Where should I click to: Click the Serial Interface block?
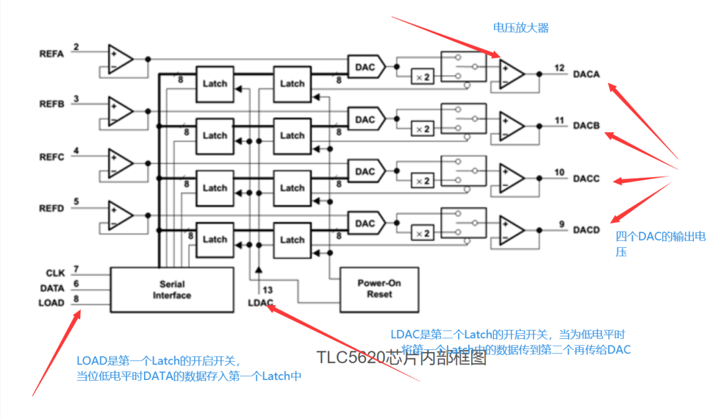point(171,290)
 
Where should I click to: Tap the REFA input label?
point(51,54)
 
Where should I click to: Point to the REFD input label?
point(51,208)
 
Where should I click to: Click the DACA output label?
point(586,74)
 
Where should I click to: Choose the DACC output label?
point(586,178)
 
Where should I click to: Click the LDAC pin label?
point(261,303)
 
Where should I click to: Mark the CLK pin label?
point(55,273)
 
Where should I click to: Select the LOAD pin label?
point(51,303)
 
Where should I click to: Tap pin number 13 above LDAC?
point(267,290)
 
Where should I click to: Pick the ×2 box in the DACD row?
point(423,233)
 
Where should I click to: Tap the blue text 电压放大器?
point(521,28)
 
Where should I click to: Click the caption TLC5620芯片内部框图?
point(401,358)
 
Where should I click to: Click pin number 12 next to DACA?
point(560,68)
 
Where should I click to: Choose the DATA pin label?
point(51,288)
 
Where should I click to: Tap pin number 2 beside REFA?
point(76,47)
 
